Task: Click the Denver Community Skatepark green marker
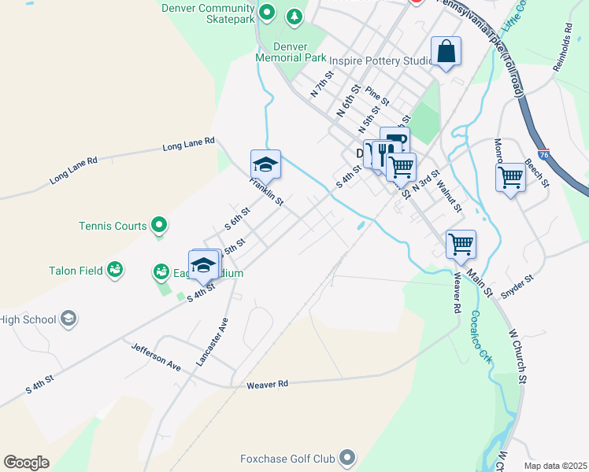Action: click(266, 12)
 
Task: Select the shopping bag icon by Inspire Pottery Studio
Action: click(446, 52)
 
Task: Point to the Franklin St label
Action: click(266, 190)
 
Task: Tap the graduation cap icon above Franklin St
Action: click(266, 164)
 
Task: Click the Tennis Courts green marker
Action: click(160, 227)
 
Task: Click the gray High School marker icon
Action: click(69, 319)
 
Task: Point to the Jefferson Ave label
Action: click(156, 356)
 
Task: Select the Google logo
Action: click(26, 463)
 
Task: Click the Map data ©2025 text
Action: click(555, 466)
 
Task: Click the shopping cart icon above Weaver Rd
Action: click(461, 243)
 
